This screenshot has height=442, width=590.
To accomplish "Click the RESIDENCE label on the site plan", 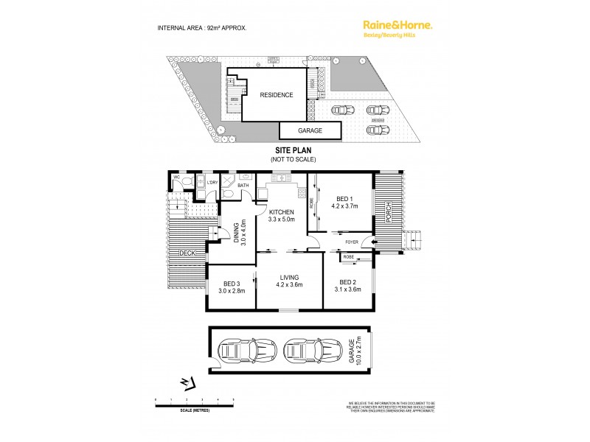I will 276,95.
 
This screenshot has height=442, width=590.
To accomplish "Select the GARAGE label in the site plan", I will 310,130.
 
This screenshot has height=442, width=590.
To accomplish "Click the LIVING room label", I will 289,277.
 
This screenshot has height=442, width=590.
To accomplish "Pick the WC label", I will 177,178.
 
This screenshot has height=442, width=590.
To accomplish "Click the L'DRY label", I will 212,181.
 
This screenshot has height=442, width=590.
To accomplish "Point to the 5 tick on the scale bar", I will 234,399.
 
